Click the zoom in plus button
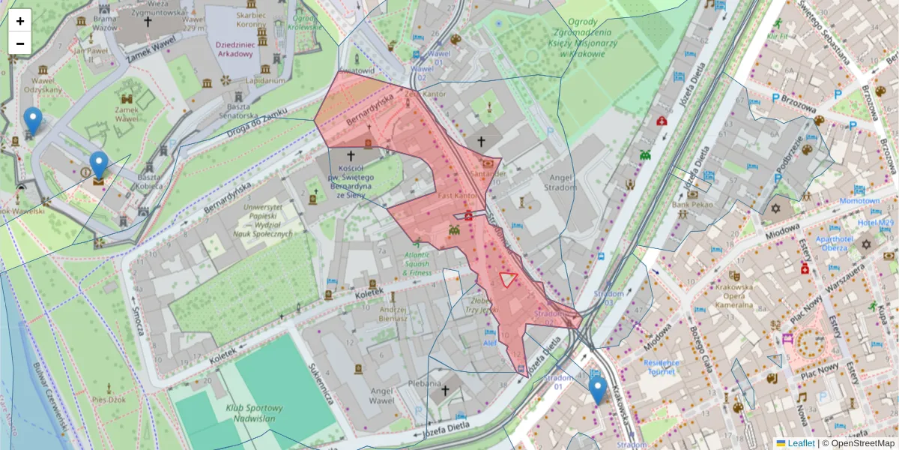(20, 20)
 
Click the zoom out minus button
(20, 43)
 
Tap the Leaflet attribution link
(801, 443)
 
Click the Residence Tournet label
(661, 367)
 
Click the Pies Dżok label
(109, 400)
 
